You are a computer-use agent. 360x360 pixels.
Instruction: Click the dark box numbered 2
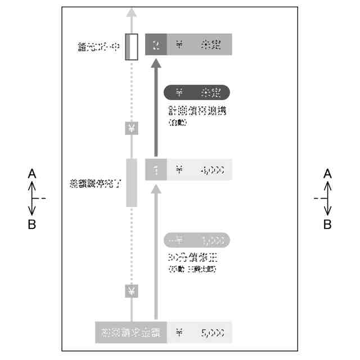(x=156, y=45)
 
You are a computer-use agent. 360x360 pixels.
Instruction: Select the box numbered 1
(x=156, y=169)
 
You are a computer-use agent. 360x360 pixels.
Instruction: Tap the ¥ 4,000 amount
(x=200, y=169)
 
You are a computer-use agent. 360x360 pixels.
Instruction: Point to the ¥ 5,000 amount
(x=200, y=332)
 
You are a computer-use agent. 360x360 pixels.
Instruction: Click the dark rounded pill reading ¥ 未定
(x=197, y=92)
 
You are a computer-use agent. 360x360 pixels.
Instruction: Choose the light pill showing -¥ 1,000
(x=197, y=240)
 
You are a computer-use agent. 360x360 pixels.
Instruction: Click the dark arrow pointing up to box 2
(x=156, y=107)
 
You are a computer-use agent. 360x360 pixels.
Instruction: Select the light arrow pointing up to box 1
(x=156, y=253)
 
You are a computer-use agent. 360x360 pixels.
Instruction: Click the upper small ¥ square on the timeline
(x=131, y=129)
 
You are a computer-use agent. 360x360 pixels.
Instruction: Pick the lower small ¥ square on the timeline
(x=131, y=291)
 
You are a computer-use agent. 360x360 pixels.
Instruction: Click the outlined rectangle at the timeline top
(x=132, y=47)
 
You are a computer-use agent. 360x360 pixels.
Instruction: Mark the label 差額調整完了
(x=95, y=183)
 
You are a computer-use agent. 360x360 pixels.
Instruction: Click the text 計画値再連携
(x=196, y=111)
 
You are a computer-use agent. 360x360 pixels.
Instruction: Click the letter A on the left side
(x=32, y=174)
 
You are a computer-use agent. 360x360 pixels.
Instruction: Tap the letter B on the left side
(x=32, y=224)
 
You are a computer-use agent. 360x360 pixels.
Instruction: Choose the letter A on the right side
(x=327, y=174)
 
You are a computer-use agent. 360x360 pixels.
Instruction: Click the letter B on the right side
(x=327, y=224)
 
